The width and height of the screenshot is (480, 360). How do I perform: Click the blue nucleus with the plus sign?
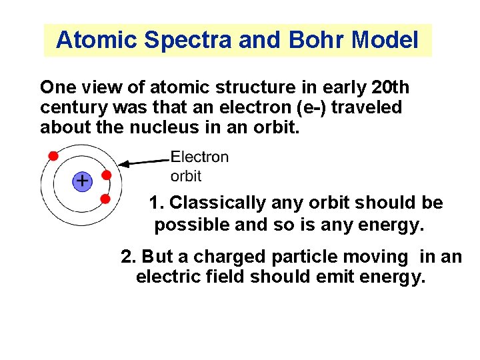(81, 181)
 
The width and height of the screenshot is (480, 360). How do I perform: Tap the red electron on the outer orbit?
(53, 156)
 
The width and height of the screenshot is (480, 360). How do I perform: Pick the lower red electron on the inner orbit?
(105, 199)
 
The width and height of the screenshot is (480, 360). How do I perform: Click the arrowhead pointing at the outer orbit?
(123, 163)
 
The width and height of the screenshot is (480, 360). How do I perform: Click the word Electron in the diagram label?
(199, 157)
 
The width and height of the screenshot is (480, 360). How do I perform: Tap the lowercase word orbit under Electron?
(186, 176)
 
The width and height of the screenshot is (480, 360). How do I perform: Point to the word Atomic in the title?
(96, 40)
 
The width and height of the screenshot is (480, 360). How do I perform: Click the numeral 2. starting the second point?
(129, 257)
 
